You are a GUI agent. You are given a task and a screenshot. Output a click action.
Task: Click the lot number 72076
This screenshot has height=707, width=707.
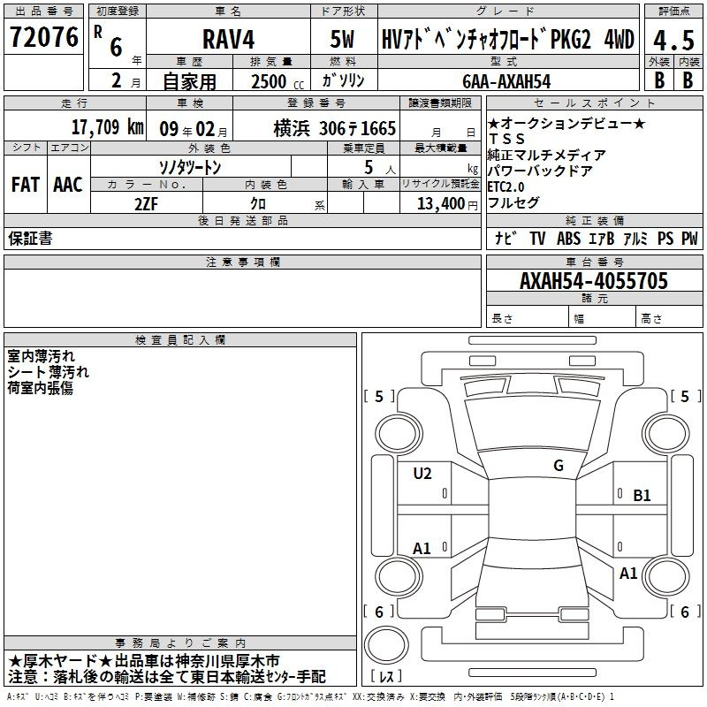click(43, 37)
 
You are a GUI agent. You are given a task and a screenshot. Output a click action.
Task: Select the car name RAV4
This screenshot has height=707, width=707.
click(228, 39)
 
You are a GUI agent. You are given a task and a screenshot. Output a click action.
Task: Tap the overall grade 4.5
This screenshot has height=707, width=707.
click(673, 41)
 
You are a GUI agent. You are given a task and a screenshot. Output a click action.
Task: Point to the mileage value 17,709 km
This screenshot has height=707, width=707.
click(107, 127)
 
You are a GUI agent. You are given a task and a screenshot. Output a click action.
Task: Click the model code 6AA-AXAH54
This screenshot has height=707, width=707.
click(506, 81)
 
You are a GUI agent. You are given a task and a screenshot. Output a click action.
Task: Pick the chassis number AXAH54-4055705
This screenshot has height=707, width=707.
click(593, 281)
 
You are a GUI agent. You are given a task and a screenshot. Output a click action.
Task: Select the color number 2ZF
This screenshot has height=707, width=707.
click(146, 204)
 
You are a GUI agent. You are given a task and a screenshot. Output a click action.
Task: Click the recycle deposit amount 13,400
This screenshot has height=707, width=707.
click(441, 204)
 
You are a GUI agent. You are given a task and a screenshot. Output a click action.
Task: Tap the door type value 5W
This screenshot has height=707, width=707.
click(342, 39)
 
